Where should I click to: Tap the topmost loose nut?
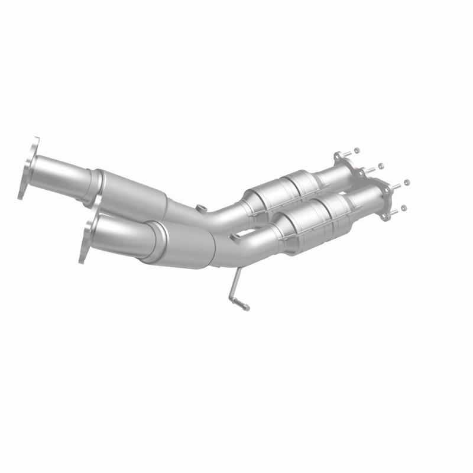pos(356,150)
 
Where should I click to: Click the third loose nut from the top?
pos(407,182)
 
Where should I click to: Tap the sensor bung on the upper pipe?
pos(202,208)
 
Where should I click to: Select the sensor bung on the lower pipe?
pos(235,237)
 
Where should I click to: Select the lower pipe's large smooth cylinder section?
pos(183,244)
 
